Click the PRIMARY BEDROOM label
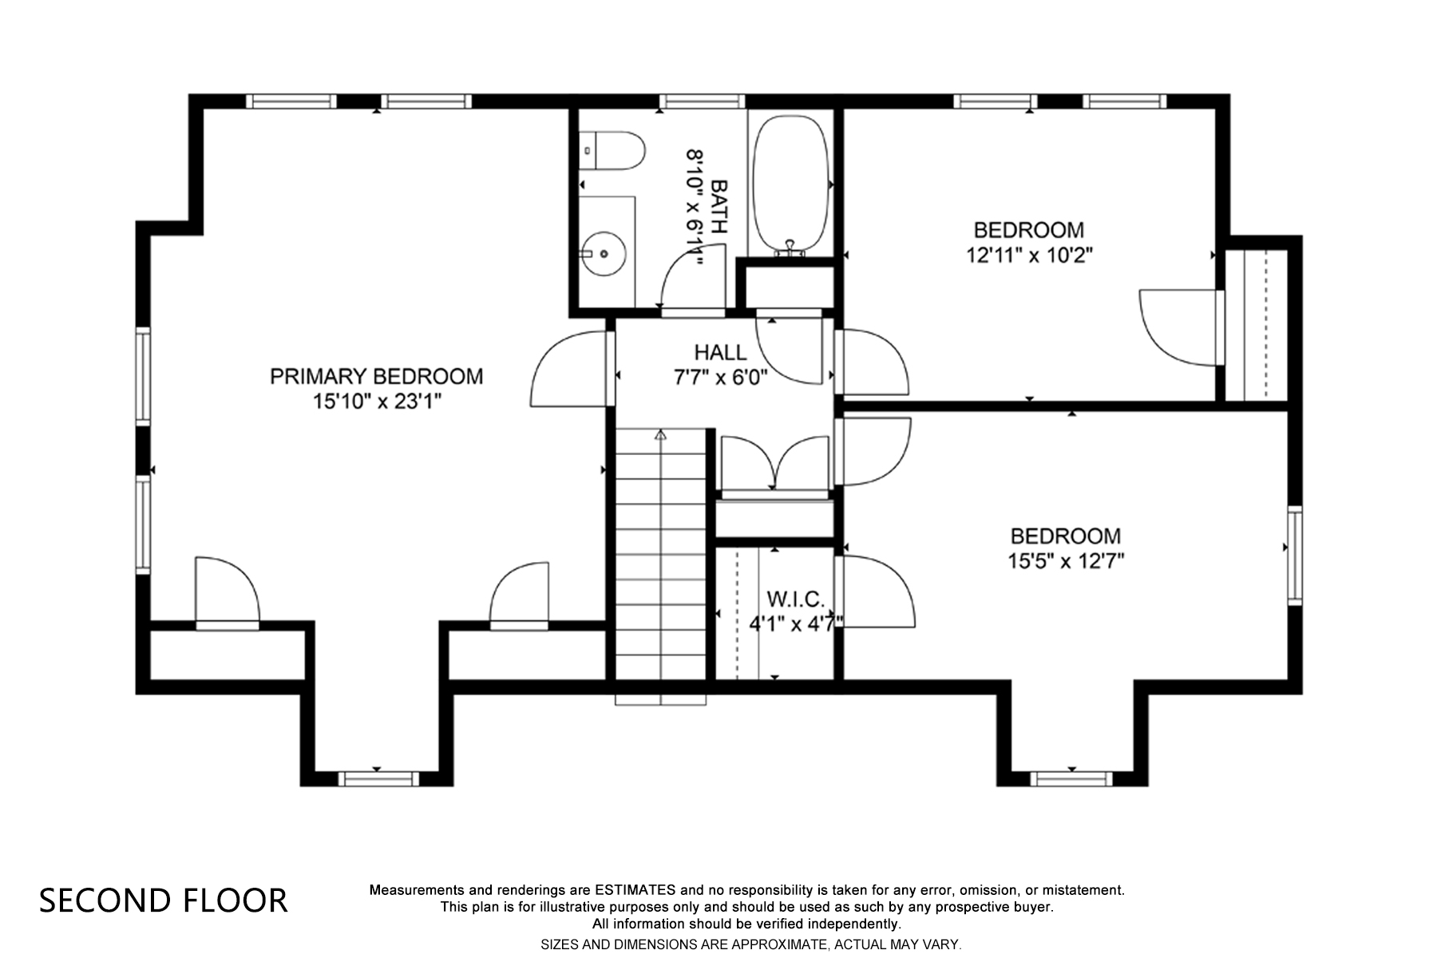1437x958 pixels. pyautogui.click(x=376, y=376)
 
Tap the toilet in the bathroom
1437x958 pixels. pyautogui.click(x=613, y=151)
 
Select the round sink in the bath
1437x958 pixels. pyautogui.click(x=603, y=254)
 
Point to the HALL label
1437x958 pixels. pyautogui.click(x=720, y=352)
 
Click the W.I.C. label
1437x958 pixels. pyautogui.click(x=795, y=599)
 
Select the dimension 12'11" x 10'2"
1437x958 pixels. pyautogui.click(x=1028, y=255)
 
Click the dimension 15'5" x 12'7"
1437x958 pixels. pyautogui.click(x=1065, y=561)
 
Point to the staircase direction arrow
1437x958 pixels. pyautogui.click(x=660, y=435)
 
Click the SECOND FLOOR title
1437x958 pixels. pyautogui.click(x=163, y=901)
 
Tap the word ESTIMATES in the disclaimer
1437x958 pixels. pyautogui.click(x=635, y=889)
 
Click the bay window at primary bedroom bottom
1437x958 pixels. pyautogui.click(x=378, y=778)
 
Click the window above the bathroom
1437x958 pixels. pyautogui.click(x=702, y=101)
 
